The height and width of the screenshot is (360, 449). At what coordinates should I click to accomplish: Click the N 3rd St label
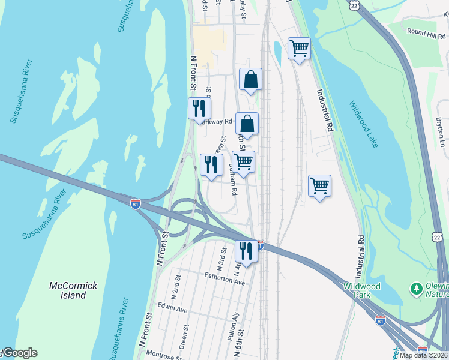click(221, 259)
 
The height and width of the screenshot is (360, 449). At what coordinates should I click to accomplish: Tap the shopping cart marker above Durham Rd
click(243, 161)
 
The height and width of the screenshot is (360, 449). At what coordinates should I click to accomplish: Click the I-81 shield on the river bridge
click(136, 203)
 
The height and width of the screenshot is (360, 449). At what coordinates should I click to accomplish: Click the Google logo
click(19, 353)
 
